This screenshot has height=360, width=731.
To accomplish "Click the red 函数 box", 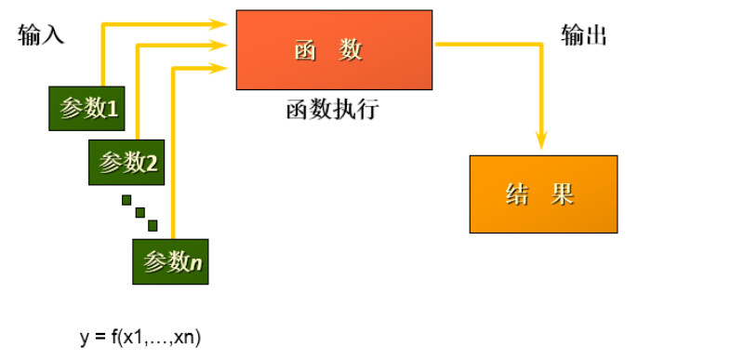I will [334, 50].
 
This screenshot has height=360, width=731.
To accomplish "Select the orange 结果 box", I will [543, 193].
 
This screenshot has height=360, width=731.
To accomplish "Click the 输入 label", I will [40, 36].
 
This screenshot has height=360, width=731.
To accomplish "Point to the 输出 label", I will [583, 35].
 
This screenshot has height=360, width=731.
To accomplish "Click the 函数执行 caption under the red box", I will [332, 110].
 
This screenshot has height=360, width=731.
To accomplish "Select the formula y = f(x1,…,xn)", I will [140, 337].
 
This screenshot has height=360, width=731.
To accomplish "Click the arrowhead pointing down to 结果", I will [540, 141].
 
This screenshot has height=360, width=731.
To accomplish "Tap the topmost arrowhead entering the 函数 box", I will [220, 21].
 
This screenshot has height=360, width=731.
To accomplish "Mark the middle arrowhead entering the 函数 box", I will [220, 44].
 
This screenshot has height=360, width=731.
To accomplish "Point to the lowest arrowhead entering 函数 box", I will [220, 66].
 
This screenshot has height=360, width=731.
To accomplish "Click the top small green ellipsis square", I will [126, 199].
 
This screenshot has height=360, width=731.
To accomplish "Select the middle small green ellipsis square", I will [140, 212].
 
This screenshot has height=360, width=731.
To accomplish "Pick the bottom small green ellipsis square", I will [153, 225].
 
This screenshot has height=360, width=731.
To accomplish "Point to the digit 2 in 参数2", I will [152, 164].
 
